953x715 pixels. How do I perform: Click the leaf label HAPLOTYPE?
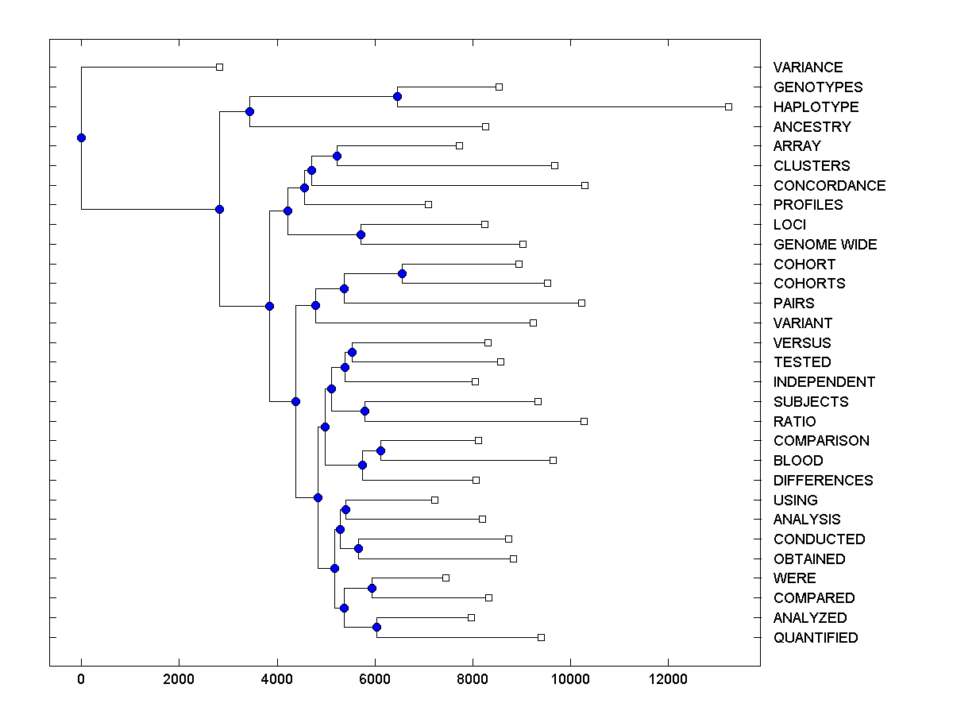coord(816,106)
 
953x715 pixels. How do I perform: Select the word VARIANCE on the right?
coord(808,68)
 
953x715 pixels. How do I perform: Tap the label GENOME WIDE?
coord(825,245)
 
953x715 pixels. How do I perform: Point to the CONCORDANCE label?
coord(829,185)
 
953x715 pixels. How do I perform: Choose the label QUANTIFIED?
coord(816,638)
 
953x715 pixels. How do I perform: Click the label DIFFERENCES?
coord(823,481)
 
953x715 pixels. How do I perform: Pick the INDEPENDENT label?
coord(824,382)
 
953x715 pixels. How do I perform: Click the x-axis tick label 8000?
coord(473,679)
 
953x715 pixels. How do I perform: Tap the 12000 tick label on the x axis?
coord(668,679)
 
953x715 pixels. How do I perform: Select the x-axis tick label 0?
coord(81,679)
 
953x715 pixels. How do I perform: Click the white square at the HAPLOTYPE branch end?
coord(728,106)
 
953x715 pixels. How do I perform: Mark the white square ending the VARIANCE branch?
coord(220,68)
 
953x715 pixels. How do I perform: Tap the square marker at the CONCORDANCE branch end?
coord(585,185)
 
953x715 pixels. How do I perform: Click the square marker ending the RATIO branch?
coord(584,421)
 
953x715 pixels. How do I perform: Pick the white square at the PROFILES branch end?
coord(428,205)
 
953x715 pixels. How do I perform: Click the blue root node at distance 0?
coord(81,137)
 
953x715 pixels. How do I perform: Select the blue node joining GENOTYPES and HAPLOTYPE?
coord(397,97)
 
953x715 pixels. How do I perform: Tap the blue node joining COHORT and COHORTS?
coord(402,274)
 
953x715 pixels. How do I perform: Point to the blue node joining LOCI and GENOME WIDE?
coord(361,234)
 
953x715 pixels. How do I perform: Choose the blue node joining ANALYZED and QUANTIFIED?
coord(376,628)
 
